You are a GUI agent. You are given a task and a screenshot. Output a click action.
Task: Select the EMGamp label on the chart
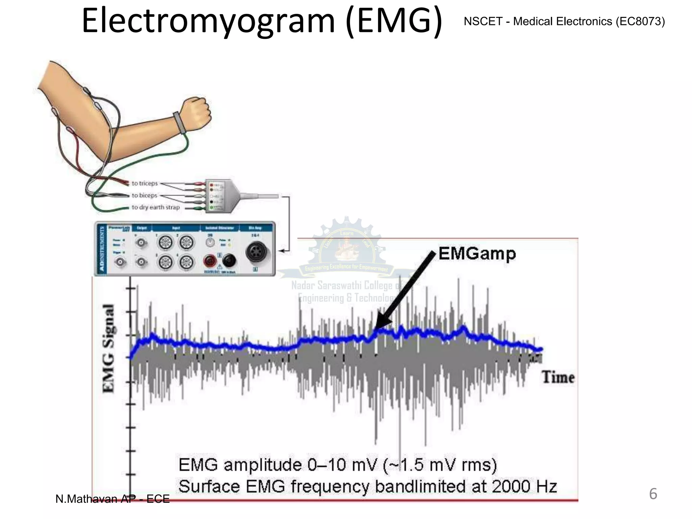click(x=477, y=254)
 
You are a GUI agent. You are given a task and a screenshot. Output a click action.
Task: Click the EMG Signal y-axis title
click(x=108, y=348)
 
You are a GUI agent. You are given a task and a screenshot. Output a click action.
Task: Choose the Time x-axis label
click(x=558, y=377)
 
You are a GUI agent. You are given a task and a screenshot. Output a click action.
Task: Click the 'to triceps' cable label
click(x=145, y=183)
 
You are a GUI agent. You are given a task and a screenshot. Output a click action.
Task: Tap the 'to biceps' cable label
click(x=144, y=196)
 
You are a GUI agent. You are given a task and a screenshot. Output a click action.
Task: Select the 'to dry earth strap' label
click(x=155, y=207)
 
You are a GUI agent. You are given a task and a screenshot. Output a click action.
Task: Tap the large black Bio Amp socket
click(x=256, y=252)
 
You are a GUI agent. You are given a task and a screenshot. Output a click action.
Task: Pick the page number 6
click(x=653, y=494)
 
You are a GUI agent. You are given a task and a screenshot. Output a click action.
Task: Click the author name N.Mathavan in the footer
click(x=86, y=499)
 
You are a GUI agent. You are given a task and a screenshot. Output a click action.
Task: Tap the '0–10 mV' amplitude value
click(x=342, y=465)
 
